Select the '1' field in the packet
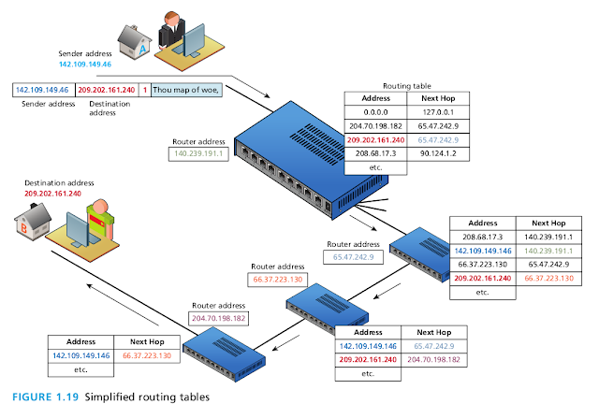144,91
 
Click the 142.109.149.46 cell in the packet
43,91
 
